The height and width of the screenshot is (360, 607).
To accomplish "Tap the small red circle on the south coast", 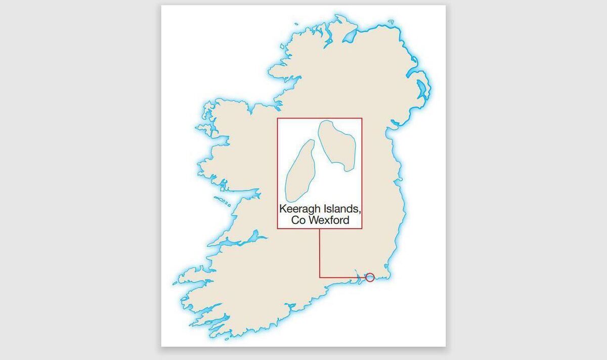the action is (x=370, y=277).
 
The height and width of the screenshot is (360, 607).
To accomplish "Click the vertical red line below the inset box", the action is (x=320, y=253).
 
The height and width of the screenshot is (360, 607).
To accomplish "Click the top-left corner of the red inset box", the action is (x=277, y=118).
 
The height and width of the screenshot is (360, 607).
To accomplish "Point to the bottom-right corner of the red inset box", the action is (x=362, y=229).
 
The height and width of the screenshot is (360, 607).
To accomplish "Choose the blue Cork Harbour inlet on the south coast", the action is (x=290, y=306).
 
